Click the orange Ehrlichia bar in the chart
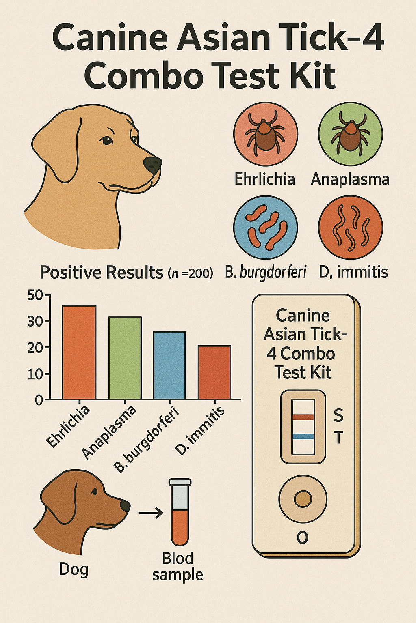(x=79, y=352)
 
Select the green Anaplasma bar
(x=125, y=358)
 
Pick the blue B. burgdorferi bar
(x=169, y=365)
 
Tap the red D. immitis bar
(x=214, y=372)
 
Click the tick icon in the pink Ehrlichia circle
(x=265, y=133)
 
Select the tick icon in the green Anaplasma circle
(x=350, y=133)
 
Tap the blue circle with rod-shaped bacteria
(x=266, y=227)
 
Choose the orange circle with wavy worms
(x=351, y=227)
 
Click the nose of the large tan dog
(x=152, y=164)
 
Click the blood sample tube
(x=180, y=512)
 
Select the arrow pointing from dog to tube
(x=151, y=512)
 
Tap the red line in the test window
(x=303, y=417)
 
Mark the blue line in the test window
(x=303, y=436)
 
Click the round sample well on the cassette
(x=303, y=498)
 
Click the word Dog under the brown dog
(x=74, y=569)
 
